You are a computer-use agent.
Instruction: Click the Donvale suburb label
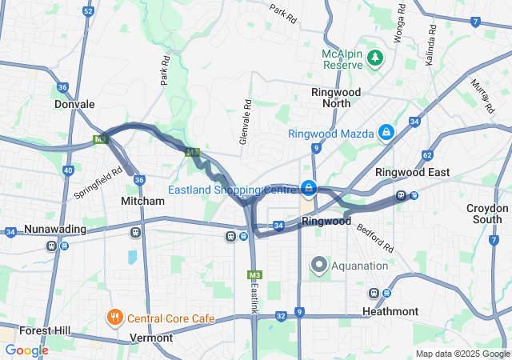tap(74, 104)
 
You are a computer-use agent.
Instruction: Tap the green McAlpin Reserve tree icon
tap(374, 58)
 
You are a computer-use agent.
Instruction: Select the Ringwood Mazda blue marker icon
tap(386, 132)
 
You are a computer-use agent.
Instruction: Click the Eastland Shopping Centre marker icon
tap(308, 189)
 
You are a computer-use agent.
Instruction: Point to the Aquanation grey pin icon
tap(319, 264)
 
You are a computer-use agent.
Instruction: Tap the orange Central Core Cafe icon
tap(115, 318)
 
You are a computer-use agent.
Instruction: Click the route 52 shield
tap(88, 12)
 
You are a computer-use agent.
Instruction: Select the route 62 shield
tap(427, 154)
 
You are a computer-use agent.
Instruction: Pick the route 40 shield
tap(68, 170)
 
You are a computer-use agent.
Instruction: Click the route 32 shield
tap(281, 316)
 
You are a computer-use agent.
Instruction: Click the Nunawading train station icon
tap(52, 246)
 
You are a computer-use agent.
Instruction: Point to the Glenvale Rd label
tap(247, 122)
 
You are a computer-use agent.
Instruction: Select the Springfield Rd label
tap(98, 182)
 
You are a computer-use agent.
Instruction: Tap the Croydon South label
tap(487, 214)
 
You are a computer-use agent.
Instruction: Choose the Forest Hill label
tap(45, 330)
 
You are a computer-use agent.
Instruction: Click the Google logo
tap(26, 350)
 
